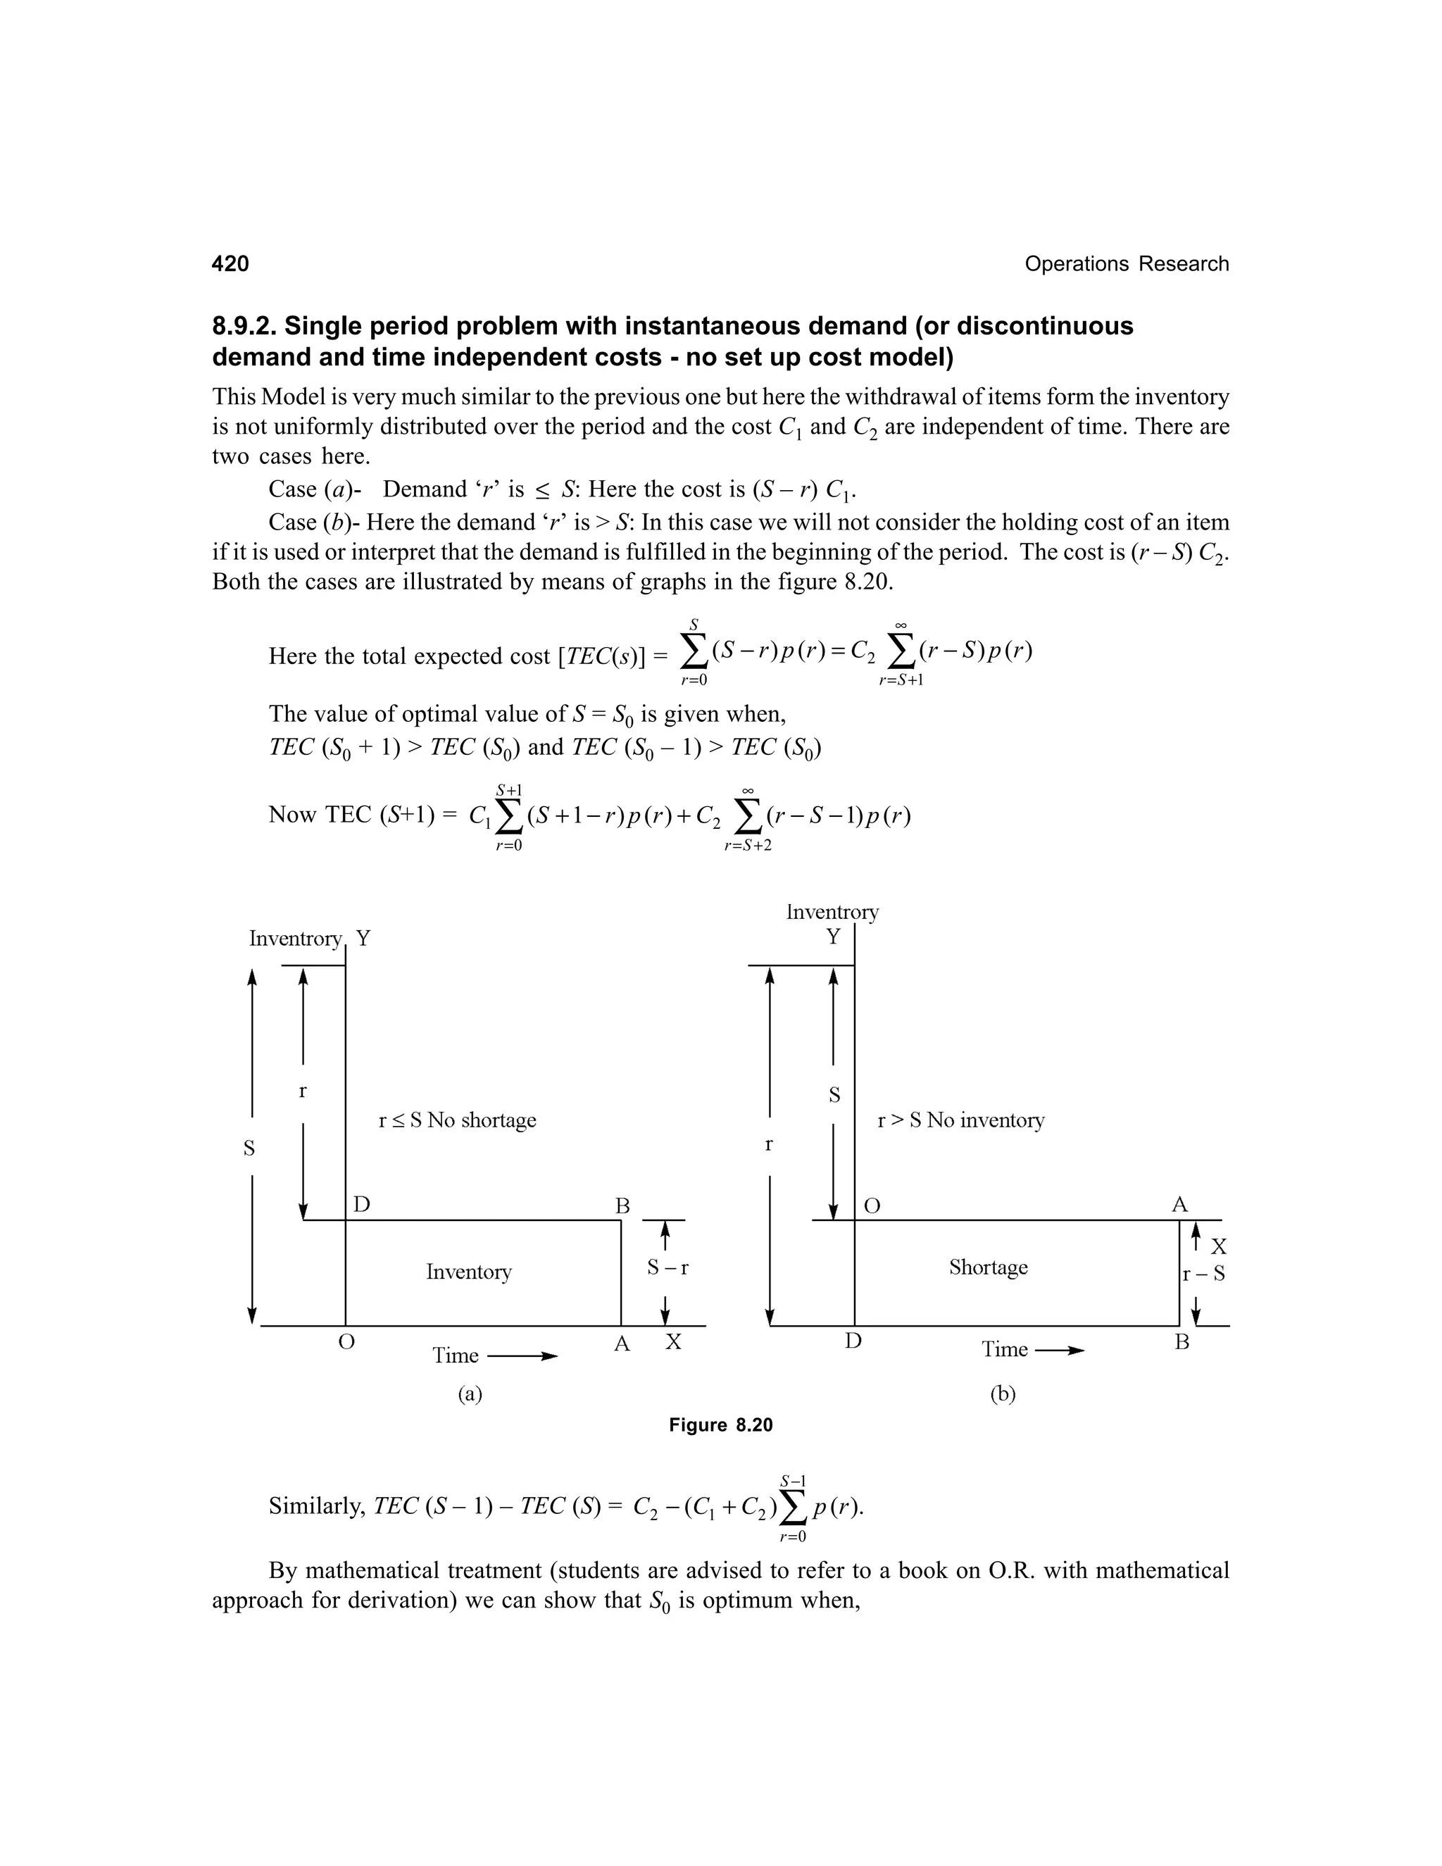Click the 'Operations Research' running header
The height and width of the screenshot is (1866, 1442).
pyautogui.click(x=1126, y=263)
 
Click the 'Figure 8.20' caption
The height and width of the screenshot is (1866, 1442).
pyautogui.click(x=720, y=1425)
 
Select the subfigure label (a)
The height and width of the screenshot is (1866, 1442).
pyautogui.click(x=470, y=1394)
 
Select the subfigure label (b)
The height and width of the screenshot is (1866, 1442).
pyautogui.click(x=1002, y=1394)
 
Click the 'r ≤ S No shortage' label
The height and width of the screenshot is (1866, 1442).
pyautogui.click(x=457, y=1120)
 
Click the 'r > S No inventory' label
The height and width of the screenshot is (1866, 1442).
pyautogui.click(x=960, y=1120)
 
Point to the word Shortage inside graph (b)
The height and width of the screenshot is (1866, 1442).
pyautogui.click(x=988, y=1267)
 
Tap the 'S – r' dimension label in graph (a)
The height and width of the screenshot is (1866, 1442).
pyautogui.click(x=667, y=1268)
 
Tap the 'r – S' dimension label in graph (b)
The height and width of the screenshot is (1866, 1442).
pyautogui.click(x=1203, y=1274)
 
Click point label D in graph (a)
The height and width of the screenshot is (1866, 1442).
pyautogui.click(x=361, y=1205)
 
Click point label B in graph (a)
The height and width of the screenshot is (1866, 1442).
pyautogui.click(x=622, y=1206)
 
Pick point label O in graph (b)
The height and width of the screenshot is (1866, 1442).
pyautogui.click(x=872, y=1206)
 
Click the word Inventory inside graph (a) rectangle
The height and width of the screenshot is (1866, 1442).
pyautogui.click(x=468, y=1272)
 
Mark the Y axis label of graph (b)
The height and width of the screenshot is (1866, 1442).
pyautogui.click(x=833, y=937)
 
